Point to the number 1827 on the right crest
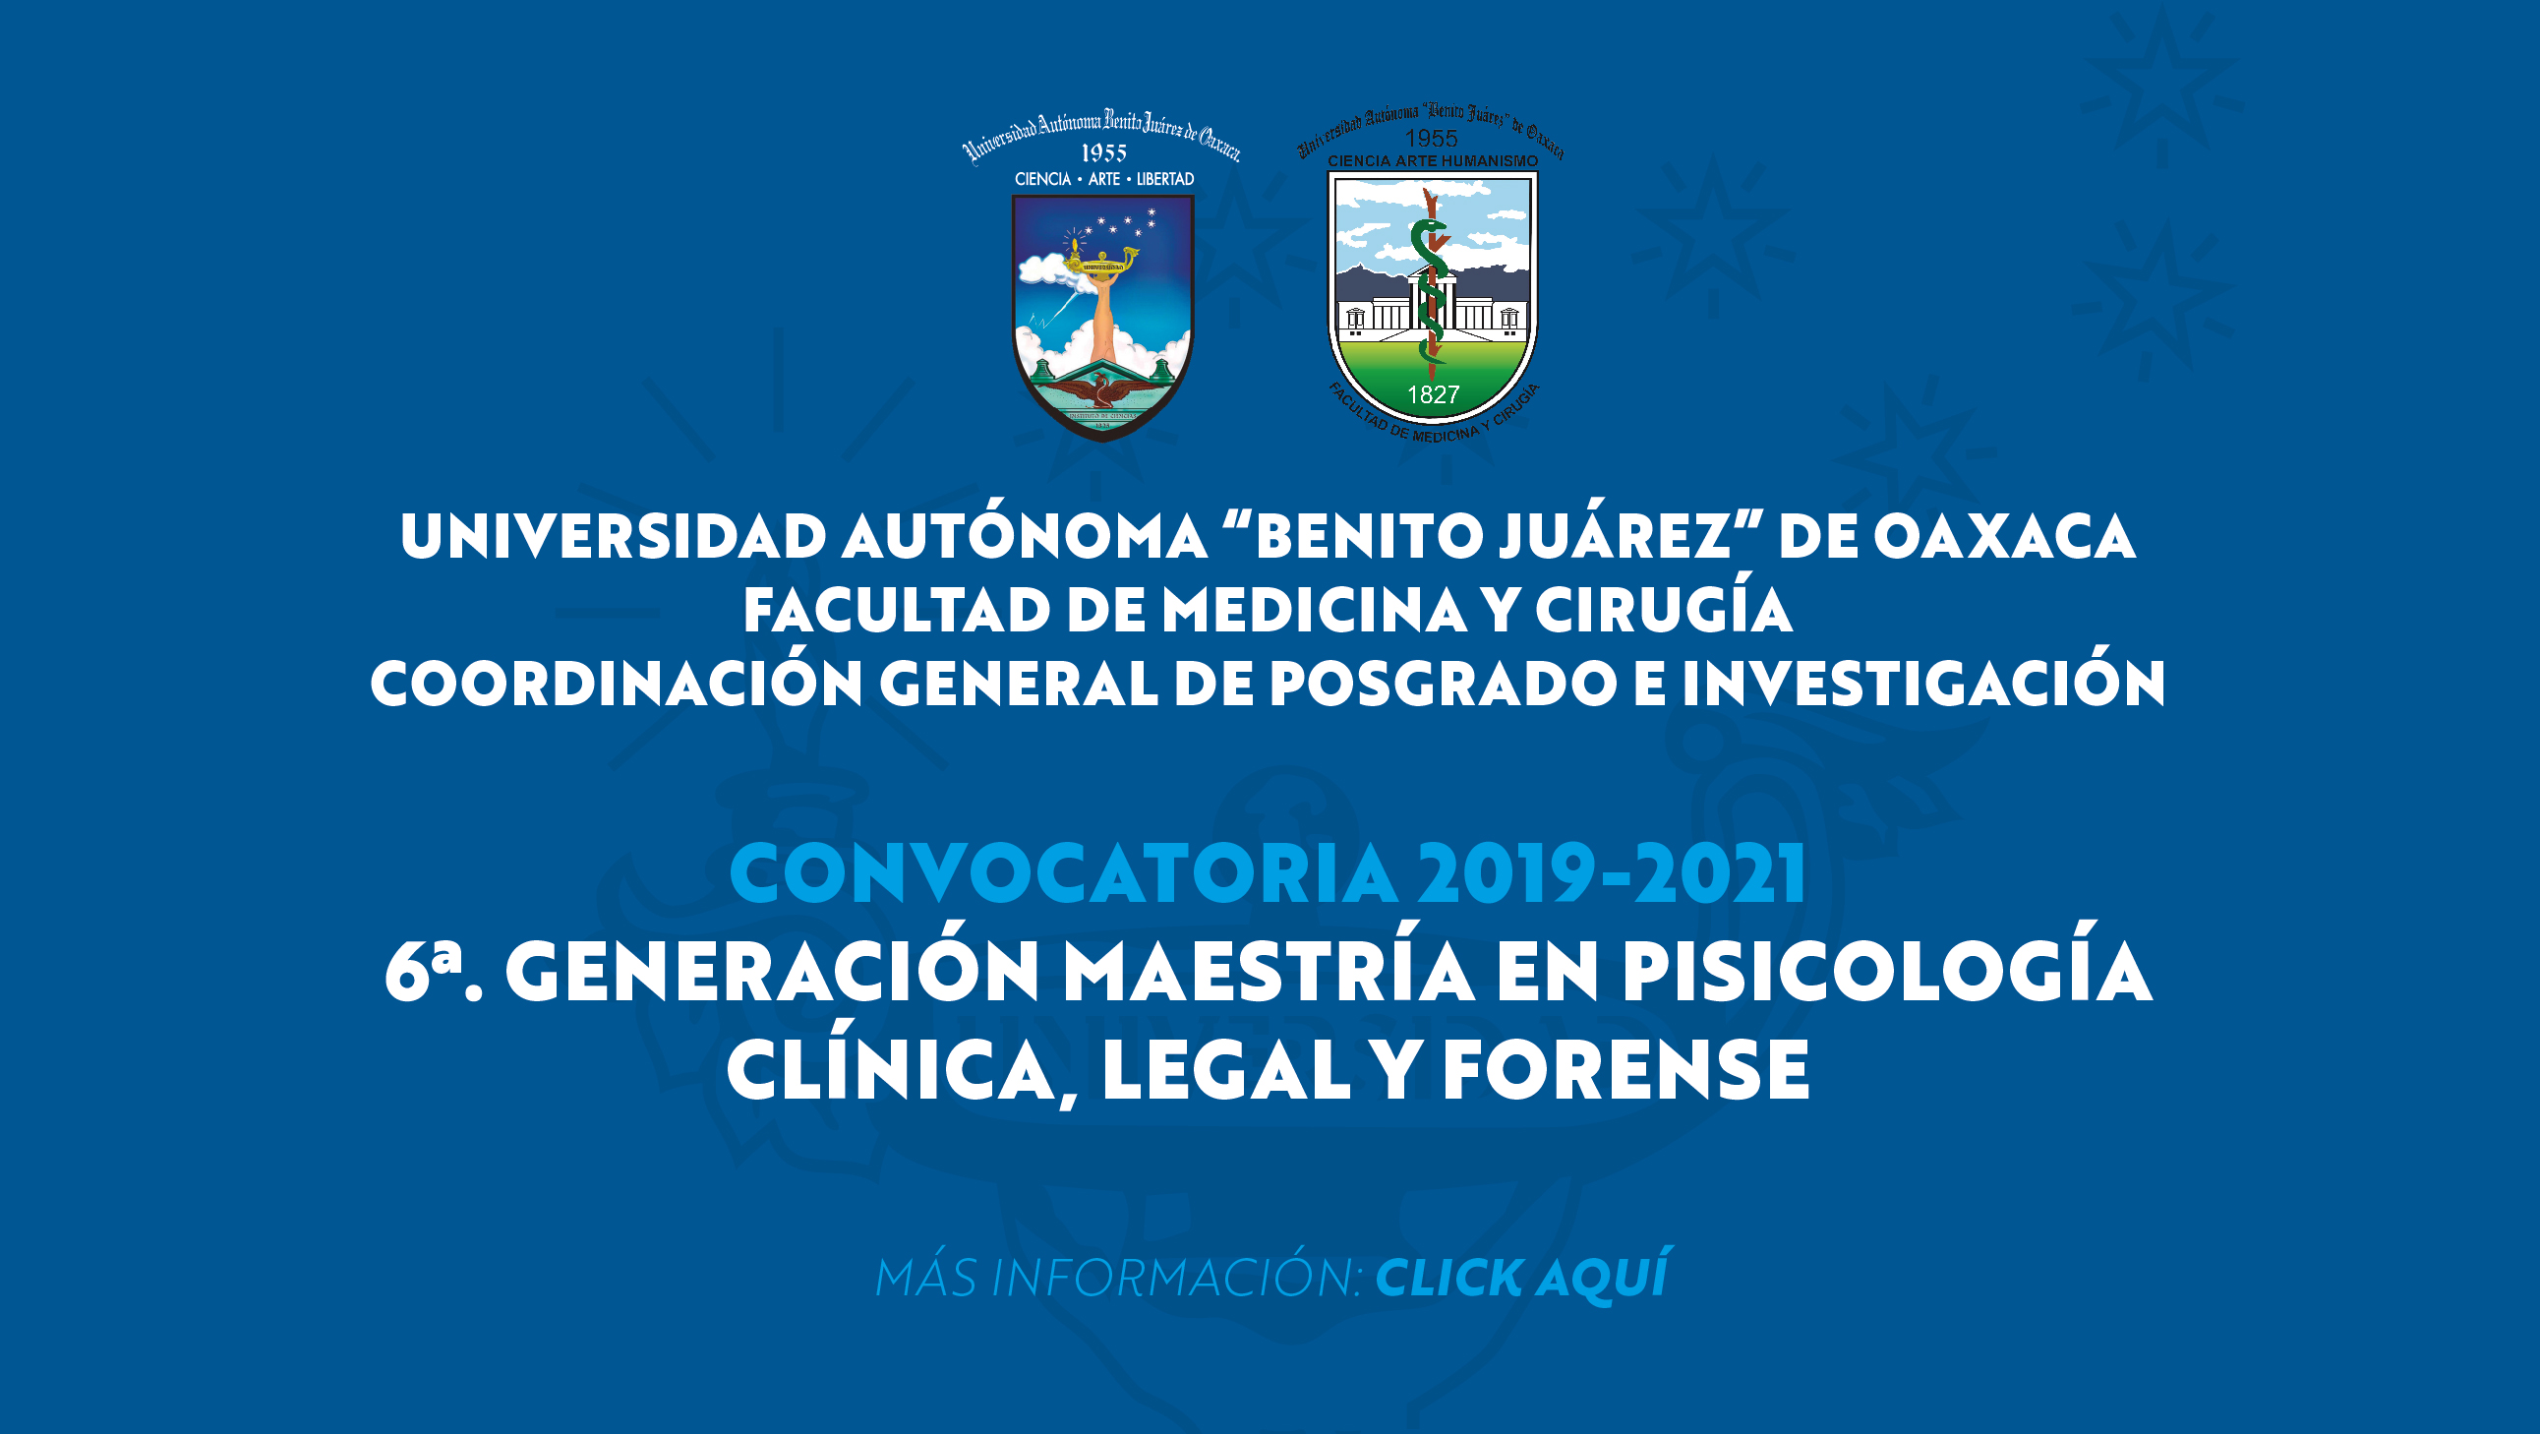pyautogui.click(x=1433, y=394)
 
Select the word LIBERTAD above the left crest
pyautogui.click(x=1165, y=178)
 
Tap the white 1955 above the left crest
pyautogui.click(x=1103, y=152)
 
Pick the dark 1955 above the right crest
pyautogui.click(x=1431, y=138)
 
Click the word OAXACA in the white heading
pyautogui.click(x=2004, y=536)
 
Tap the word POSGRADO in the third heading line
pyautogui.click(x=1443, y=684)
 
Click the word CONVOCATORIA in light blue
pyautogui.click(x=1063, y=873)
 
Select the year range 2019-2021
pyautogui.click(x=1612, y=873)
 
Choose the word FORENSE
pyautogui.click(x=1625, y=1070)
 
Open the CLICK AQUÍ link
pyautogui.click(x=1522, y=1277)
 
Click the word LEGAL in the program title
pyautogui.click(x=1225, y=1070)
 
